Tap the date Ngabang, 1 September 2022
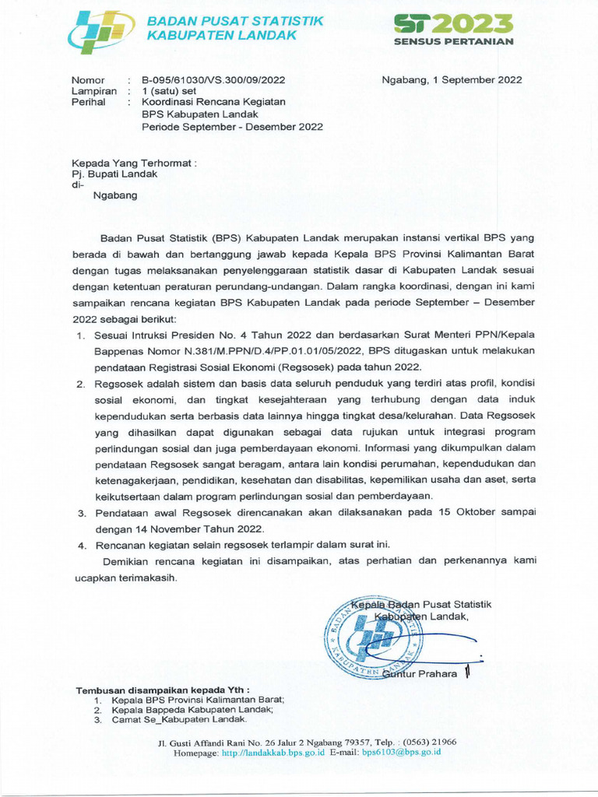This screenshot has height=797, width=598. [x=452, y=80]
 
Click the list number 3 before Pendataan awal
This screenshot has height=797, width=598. [x=80, y=513]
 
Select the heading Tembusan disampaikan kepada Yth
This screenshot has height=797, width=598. [x=162, y=690]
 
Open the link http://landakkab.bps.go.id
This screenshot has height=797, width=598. [x=273, y=753]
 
